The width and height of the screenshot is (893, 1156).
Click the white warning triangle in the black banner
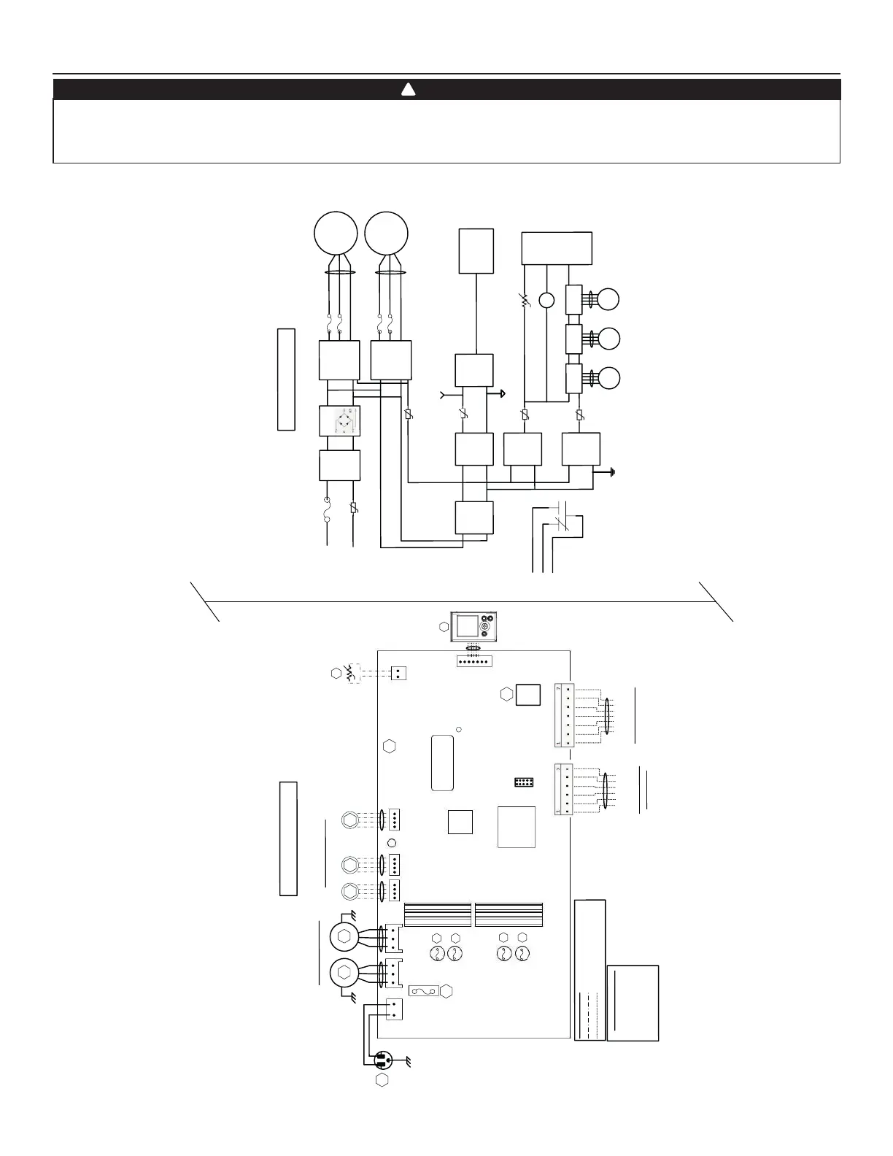click(x=409, y=90)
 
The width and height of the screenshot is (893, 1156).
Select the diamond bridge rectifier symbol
click(x=340, y=421)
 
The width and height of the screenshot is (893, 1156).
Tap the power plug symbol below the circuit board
click(x=382, y=1060)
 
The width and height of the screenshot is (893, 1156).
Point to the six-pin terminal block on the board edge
click(x=564, y=790)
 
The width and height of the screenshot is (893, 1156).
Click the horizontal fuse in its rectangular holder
click(x=424, y=990)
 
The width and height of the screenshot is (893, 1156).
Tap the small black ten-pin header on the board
click(x=523, y=782)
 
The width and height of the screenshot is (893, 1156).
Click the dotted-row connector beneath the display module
click(x=474, y=660)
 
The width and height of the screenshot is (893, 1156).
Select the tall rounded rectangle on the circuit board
click(x=443, y=763)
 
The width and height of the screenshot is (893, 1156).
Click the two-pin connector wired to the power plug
click(x=394, y=1009)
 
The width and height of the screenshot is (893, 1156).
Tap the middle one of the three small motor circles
click(x=608, y=339)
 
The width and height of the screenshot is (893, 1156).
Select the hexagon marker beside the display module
click(x=444, y=627)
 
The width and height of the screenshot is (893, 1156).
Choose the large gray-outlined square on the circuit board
click(x=516, y=827)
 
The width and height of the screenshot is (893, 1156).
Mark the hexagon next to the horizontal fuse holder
click(x=446, y=990)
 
